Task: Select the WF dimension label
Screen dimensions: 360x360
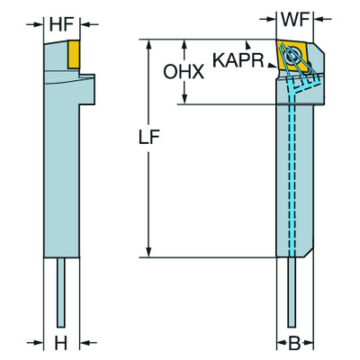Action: click(x=292, y=17)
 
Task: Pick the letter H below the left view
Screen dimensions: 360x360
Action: click(x=61, y=344)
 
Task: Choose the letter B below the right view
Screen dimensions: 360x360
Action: click(x=292, y=344)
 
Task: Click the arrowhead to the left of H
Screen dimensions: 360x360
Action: click(x=40, y=344)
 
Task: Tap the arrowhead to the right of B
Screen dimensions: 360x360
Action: click(x=310, y=344)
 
